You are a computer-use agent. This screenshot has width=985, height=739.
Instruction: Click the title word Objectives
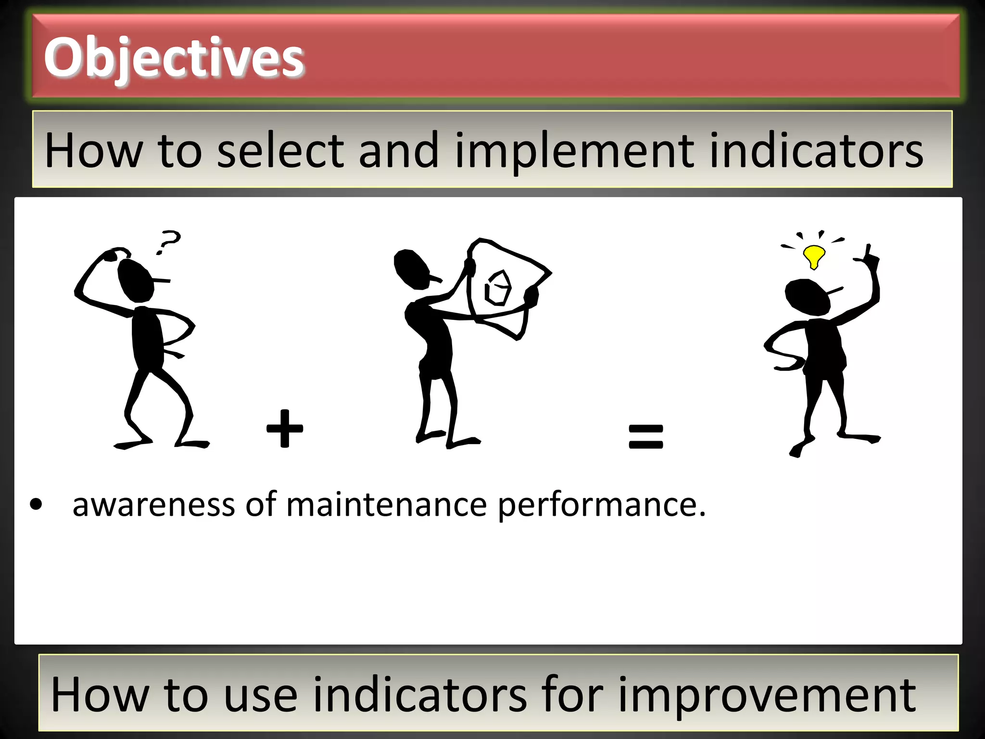174,58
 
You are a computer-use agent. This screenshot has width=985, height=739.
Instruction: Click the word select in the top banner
281,151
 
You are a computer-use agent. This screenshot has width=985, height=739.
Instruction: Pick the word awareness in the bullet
153,505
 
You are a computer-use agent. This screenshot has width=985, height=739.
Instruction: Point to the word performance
601,506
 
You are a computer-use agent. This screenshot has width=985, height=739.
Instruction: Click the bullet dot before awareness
36,505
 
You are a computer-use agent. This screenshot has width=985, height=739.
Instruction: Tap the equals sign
645,436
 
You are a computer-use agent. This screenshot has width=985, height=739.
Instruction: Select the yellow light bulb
814,256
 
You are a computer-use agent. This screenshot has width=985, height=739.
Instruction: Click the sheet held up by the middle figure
505,284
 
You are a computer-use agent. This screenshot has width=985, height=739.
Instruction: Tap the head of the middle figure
411,268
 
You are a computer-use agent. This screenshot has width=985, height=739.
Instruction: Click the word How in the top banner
94,151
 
